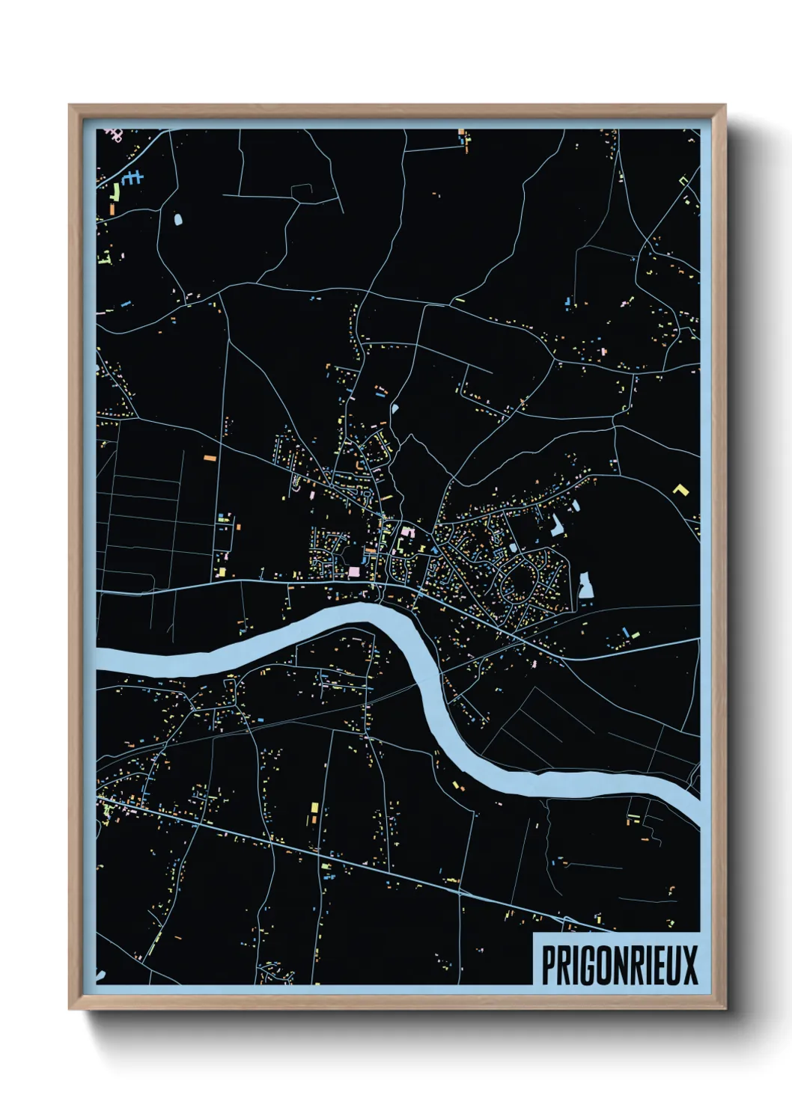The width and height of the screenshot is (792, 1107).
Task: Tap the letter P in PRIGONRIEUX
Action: pos(548,966)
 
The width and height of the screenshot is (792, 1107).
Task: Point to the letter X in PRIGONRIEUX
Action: pos(689,966)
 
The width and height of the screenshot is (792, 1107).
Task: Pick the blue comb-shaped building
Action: pos(132,178)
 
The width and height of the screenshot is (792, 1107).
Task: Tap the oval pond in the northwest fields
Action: pos(178,220)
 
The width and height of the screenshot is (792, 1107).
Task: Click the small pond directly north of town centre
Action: pos(395,409)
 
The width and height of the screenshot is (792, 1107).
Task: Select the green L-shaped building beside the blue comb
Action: pos(115,192)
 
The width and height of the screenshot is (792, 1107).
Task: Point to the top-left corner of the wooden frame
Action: pos(70,105)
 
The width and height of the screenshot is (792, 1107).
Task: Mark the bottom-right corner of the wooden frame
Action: pos(725,1009)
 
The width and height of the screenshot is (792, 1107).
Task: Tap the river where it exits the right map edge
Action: pos(695,812)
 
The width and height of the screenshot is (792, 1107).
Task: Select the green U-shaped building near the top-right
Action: pos(683,180)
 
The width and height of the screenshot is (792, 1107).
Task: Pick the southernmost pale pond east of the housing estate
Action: pos(585,586)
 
